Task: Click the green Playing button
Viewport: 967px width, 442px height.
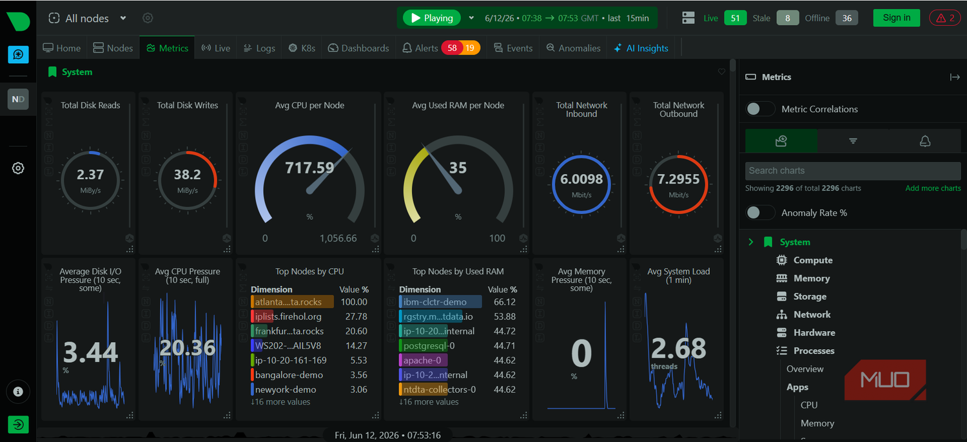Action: pos(432,18)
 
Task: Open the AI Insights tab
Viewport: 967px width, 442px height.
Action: pos(641,48)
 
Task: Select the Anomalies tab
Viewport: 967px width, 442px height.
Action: pos(573,48)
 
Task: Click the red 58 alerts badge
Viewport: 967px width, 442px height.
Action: pos(452,48)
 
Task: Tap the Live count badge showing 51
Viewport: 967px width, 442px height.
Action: pos(735,18)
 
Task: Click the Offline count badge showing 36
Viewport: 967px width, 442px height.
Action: pos(846,18)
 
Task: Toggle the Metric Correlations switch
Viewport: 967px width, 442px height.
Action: pos(760,109)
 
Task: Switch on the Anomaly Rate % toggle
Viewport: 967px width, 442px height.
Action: pos(760,213)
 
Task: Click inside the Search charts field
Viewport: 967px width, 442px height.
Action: pos(853,171)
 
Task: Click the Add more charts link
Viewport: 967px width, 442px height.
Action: pos(933,188)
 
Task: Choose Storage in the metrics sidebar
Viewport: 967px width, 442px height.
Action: pos(810,296)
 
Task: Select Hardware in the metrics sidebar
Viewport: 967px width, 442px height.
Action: pos(814,333)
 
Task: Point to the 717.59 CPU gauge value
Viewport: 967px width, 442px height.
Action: pos(309,168)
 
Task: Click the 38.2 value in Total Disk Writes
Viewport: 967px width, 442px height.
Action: pos(188,175)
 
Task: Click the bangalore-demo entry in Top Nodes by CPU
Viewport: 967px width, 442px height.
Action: pos(289,374)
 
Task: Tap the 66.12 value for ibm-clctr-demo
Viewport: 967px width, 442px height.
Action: pos(505,302)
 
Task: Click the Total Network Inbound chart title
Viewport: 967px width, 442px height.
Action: pos(581,110)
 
